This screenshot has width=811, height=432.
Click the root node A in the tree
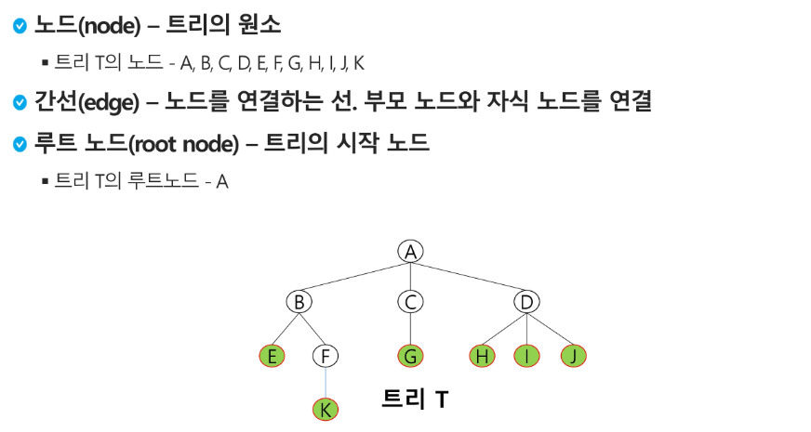click(410, 251)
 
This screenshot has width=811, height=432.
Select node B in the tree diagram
click(299, 302)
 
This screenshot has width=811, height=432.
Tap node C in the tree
click(410, 302)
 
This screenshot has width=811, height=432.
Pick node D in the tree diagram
click(527, 302)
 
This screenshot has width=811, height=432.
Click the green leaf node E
click(273, 356)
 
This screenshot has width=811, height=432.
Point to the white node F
click(325, 356)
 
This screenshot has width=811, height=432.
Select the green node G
click(410, 356)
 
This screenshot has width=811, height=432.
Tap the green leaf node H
click(482, 356)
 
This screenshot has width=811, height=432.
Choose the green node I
click(527, 356)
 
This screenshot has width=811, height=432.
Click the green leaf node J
click(574, 356)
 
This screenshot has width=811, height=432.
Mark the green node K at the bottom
click(325, 409)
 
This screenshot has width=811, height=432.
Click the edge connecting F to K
click(325, 383)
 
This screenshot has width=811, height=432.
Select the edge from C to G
click(410, 329)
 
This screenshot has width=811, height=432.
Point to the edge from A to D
click(469, 276)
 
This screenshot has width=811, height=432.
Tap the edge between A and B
click(354, 276)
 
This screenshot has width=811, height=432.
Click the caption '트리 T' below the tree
click(416, 399)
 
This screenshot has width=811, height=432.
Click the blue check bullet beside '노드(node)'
click(20, 26)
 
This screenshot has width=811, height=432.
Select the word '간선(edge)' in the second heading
click(73, 101)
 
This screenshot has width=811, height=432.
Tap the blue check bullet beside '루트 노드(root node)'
click(20, 144)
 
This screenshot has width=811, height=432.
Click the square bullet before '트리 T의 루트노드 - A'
click(45, 180)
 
